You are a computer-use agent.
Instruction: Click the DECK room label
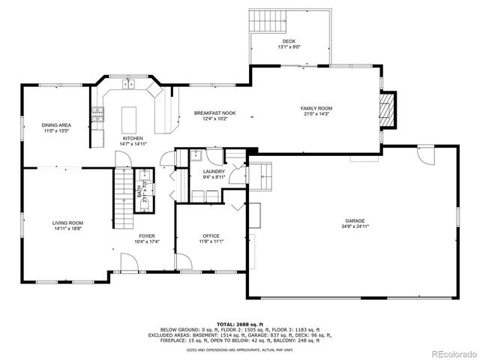click(289, 41)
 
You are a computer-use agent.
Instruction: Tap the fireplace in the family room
click(387, 109)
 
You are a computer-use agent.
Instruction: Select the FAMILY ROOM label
click(316, 109)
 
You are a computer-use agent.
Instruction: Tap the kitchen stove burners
click(97, 114)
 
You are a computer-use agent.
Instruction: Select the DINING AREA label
click(56, 125)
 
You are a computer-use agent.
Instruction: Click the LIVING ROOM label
click(67, 223)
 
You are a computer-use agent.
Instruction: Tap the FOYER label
click(145, 236)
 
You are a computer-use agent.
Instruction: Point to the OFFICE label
click(210, 236)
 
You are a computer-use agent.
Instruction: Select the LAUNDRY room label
click(214, 172)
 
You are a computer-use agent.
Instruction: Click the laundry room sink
click(194, 157)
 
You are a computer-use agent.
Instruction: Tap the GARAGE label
click(355, 220)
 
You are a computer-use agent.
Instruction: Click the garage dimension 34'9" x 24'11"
click(355, 226)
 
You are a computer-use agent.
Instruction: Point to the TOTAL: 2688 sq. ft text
click(240, 324)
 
